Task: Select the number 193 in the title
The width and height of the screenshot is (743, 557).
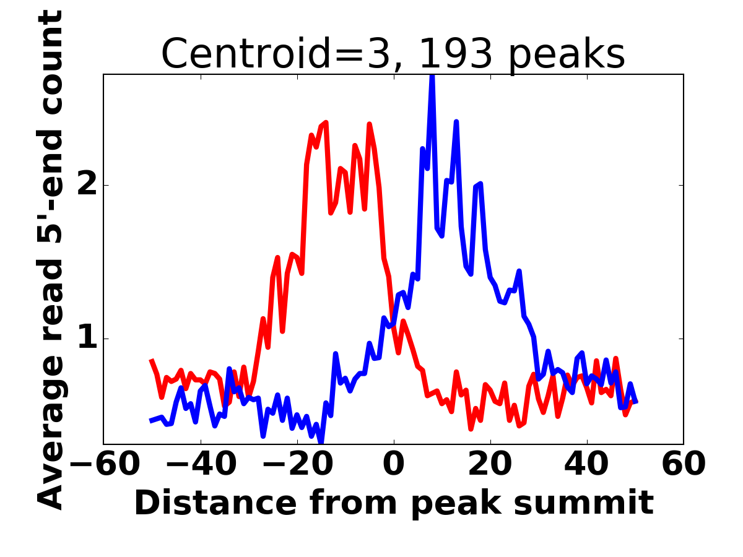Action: pyautogui.click(x=456, y=54)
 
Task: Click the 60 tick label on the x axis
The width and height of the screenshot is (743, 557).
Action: pyautogui.click(x=684, y=465)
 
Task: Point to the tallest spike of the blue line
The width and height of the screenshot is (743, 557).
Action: pyautogui.click(x=432, y=77)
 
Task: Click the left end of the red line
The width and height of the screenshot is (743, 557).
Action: pyautogui.click(x=152, y=360)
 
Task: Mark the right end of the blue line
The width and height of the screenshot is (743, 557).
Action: pyautogui.click(x=636, y=402)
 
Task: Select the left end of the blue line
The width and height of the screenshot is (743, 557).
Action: pyautogui.click(x=151, y=421)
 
